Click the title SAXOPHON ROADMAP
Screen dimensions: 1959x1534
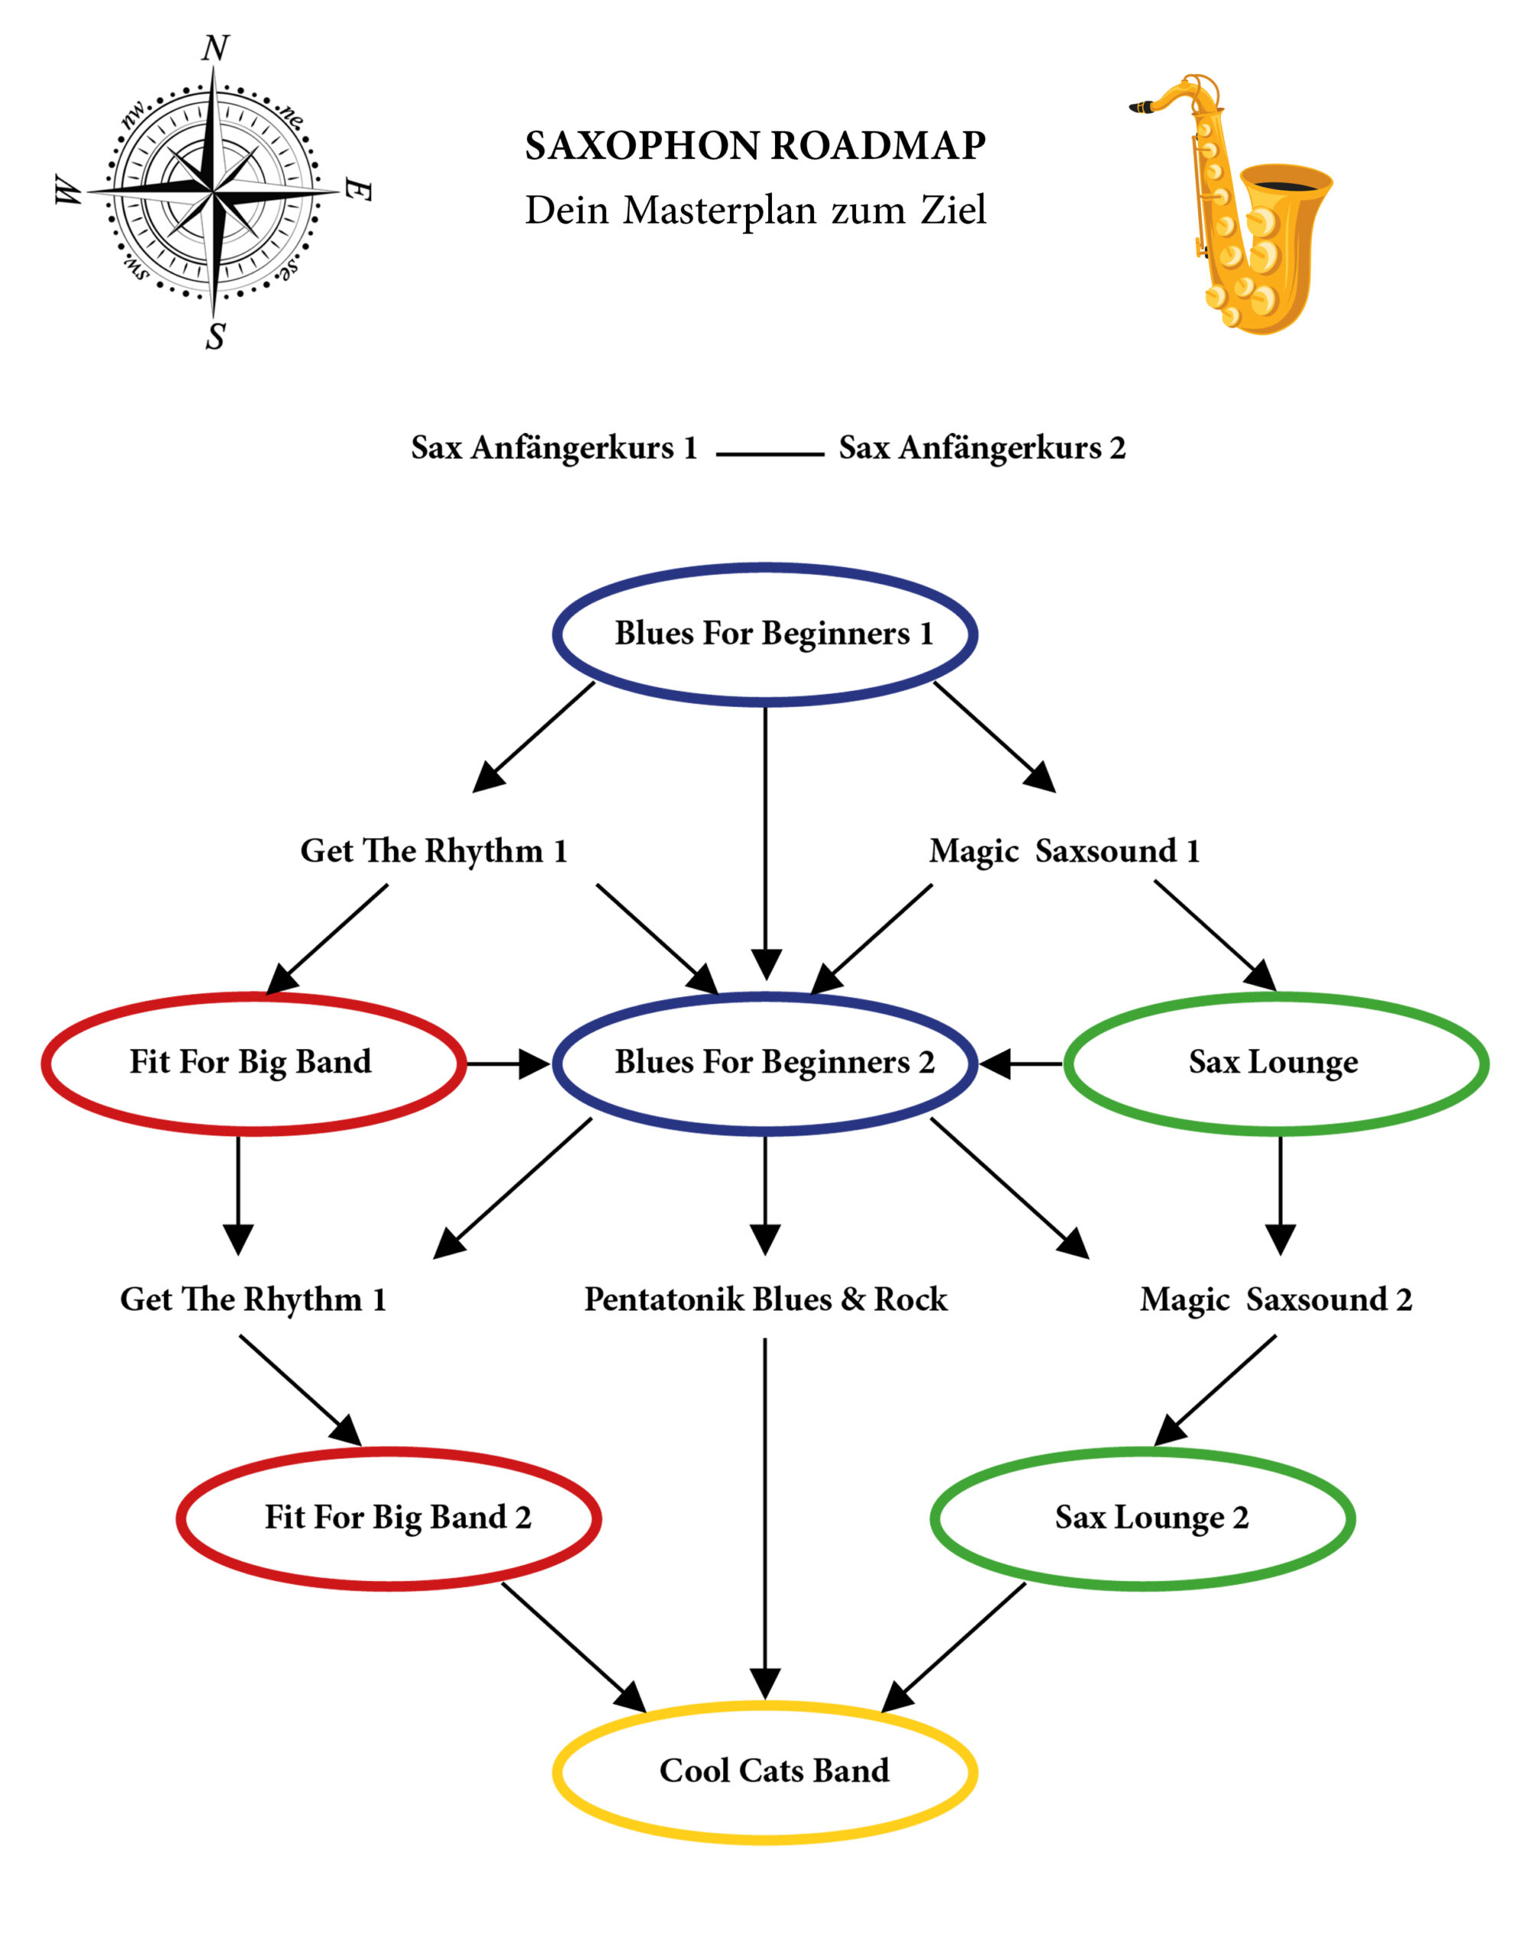pyautogui.click(x=755, y=146)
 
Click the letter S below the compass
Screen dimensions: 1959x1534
pyautogui.click(x=216, y=336)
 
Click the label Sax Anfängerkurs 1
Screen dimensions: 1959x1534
pyautogui.click(x=554, y=448)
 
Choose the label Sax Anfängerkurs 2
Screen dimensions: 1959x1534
pyautogui.click(x=982, y=448)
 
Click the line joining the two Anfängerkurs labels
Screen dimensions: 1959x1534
pyautogui.click(x=770, y=455)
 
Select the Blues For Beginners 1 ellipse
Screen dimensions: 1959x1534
pyautogui.click(x=765, y=634)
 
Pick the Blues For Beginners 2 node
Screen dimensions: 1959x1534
pyautogui.click(x=765, y=1064)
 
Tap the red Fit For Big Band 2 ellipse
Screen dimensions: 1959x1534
pyautogui.click(x=389, y=1518)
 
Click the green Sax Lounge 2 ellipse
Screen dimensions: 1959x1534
pyautogui.click(x=1142, y=1518)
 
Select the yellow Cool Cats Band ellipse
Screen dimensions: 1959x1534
pyautogui.click(x=765, y=1772)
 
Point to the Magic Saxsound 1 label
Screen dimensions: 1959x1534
pyautogui.click(x=1064, y=851)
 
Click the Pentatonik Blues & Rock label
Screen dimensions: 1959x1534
pyautogui.click(x=765, y=1299)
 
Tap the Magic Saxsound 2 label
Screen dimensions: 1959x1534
pyautogui.click(x=1275, y=1299)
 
